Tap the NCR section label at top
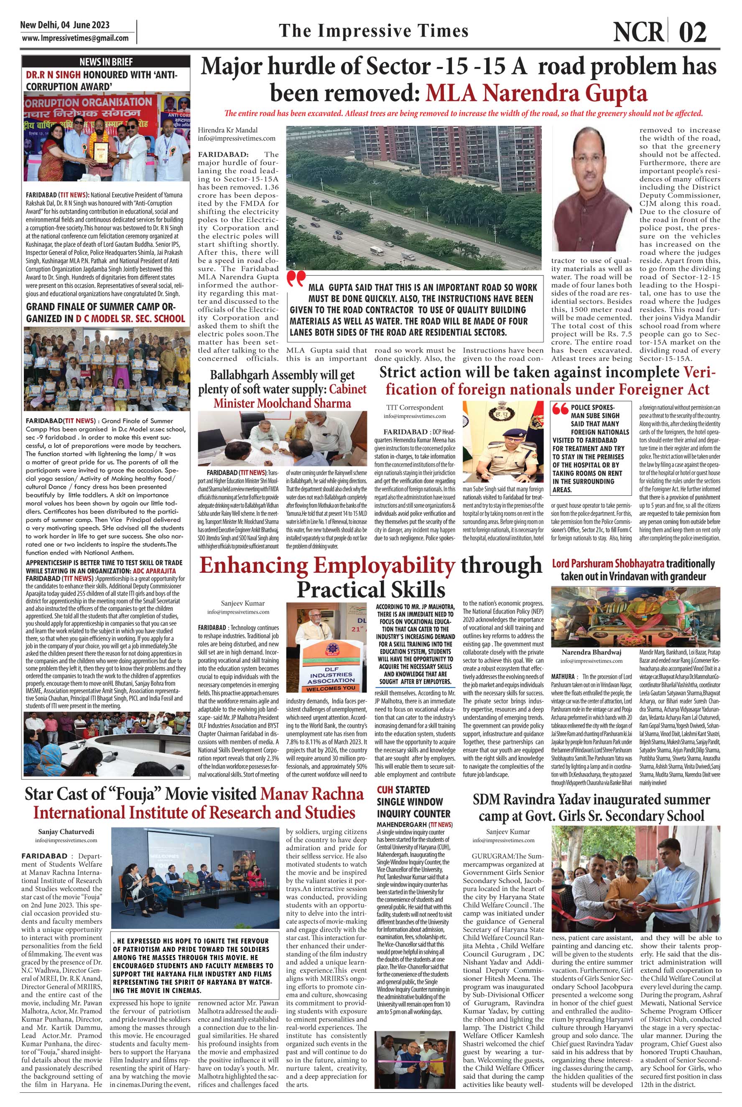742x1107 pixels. (638, 32)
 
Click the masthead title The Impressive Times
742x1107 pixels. (373, 31)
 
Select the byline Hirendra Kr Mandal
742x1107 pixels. (229, 130)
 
